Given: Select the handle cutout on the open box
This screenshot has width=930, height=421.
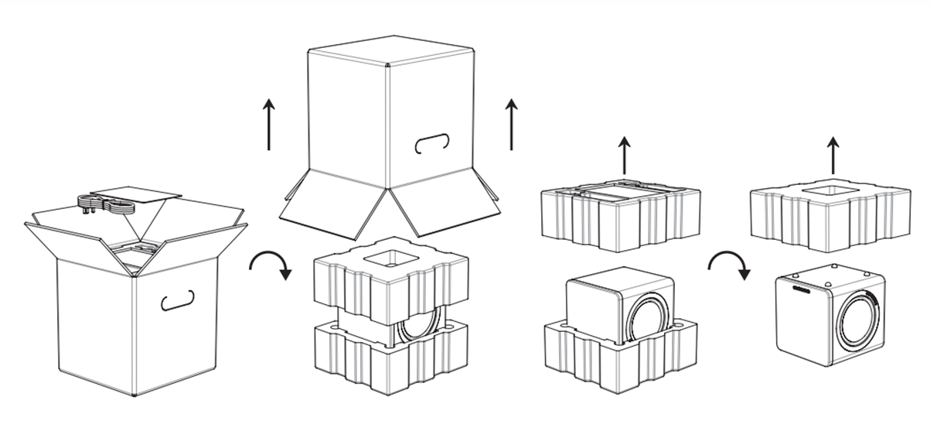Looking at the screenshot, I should [x=177, y=299].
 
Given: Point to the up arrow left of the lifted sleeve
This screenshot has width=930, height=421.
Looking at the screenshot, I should [x=267, y=124].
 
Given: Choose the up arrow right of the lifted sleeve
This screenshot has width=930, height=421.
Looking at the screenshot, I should [x=511, y=124].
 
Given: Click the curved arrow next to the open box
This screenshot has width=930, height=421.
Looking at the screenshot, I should [x=270, y=268].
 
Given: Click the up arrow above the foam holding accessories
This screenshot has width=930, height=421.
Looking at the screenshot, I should [x=623, y=155].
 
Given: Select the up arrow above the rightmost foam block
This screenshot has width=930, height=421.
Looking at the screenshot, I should [x=832, y=155].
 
